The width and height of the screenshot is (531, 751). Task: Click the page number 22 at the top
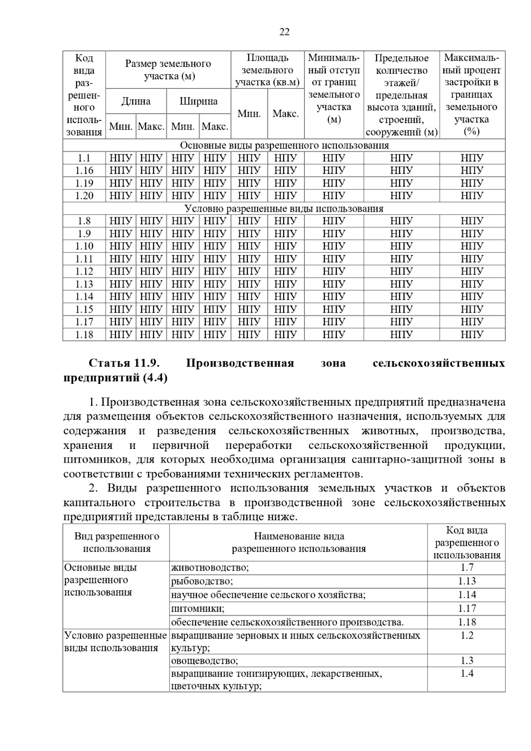click(285, 32)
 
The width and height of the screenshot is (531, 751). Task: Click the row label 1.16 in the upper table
click(84, 170)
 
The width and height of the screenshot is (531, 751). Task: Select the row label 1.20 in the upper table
click(84, 195)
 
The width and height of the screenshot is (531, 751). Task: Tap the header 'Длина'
click(136, 101)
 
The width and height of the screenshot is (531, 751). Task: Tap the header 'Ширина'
click(198, 101)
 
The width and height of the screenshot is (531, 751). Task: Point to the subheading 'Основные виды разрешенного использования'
click(284, 146)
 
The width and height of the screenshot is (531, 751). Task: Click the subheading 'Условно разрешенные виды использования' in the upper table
click(284, 208)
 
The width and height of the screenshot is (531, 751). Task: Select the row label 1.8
click(84, 221)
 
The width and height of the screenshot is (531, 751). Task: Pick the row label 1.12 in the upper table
click(84, 271)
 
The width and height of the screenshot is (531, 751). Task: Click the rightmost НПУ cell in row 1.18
click(472, 334)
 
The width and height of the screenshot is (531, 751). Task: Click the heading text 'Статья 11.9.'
click(124, 363)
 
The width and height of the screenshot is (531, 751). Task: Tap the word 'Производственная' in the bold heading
click(240, 363)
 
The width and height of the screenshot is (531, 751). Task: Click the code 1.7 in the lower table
click(466, 567)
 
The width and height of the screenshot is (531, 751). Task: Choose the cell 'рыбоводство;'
click(202, 581)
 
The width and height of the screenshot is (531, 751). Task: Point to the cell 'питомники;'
click(198, 609)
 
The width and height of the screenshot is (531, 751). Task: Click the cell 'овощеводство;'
click(204, 661)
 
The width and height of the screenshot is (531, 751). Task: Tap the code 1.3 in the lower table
click(466, 661)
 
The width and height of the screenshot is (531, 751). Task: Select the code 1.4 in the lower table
click(466, 674)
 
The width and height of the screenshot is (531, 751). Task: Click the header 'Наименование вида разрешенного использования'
click(299, 543)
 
